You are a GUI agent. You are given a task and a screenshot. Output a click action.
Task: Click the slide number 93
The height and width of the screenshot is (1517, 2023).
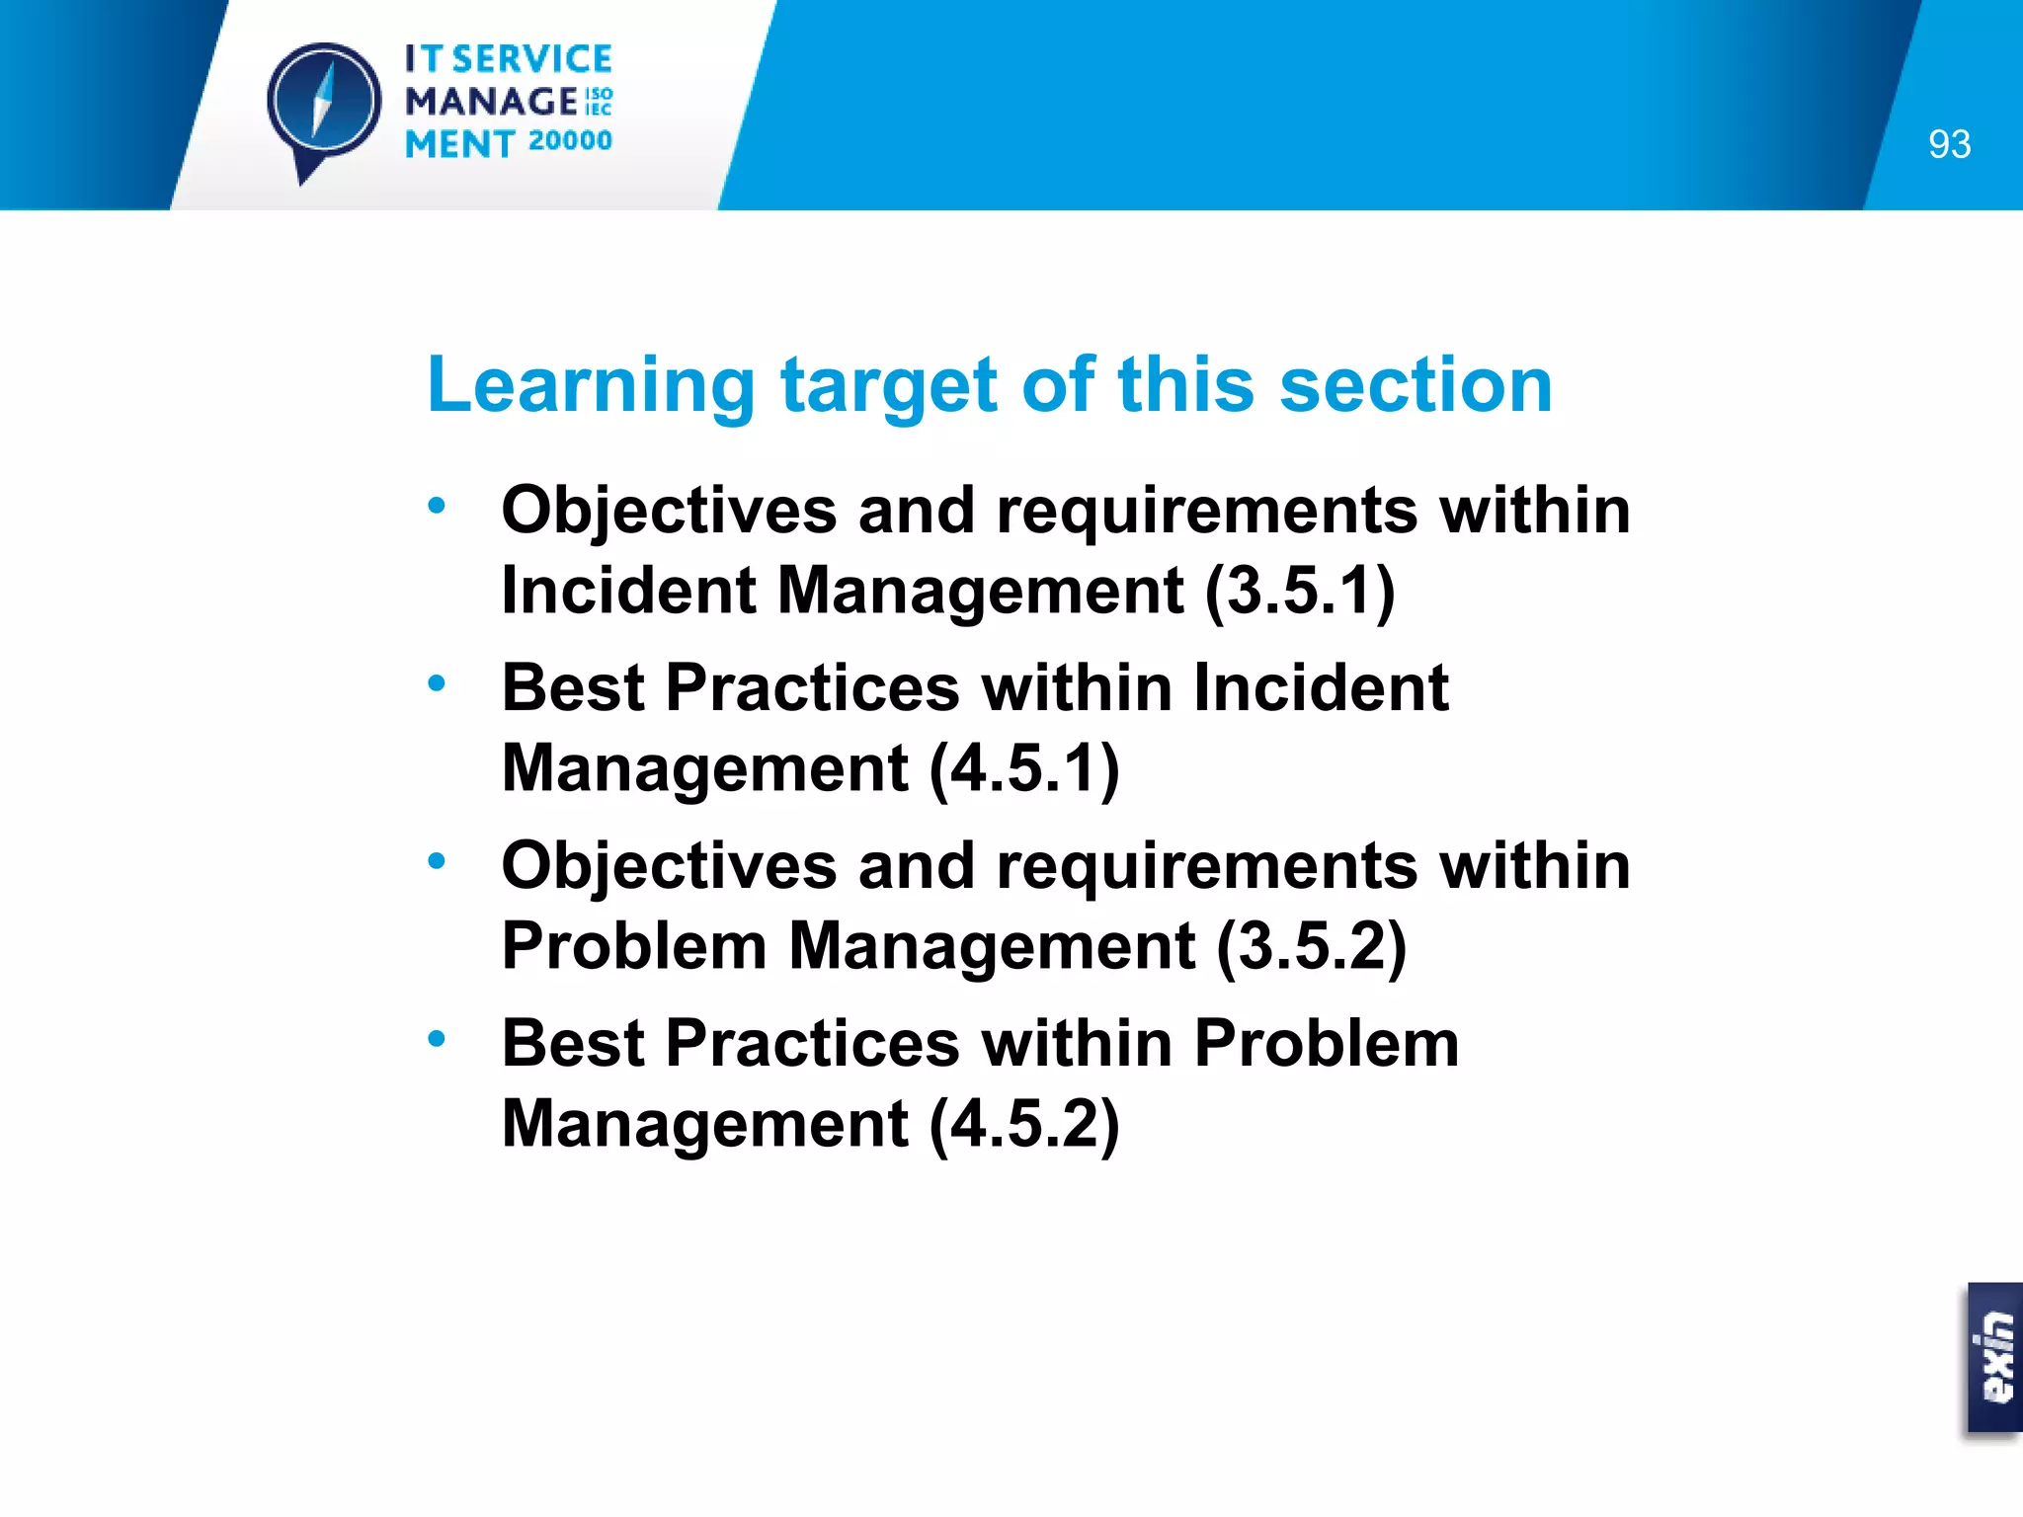pos(1949,144)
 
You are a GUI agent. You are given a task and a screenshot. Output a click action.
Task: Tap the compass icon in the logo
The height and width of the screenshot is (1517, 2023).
pos(323,102)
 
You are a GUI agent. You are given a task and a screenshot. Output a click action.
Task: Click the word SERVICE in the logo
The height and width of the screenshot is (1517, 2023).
pos(531,59)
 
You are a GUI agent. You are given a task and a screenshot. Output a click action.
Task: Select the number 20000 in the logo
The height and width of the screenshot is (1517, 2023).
pos(570,141)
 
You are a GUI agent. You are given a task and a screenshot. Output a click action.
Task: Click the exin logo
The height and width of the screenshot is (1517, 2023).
pos(1995,1357)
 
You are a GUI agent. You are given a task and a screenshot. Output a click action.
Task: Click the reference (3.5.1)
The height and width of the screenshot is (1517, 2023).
pos(1300,591)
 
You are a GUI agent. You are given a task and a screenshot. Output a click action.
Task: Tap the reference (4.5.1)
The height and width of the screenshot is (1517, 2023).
pos(1024,768)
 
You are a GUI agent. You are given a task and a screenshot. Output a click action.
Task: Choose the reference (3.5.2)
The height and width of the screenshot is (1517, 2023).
pos(1311,946)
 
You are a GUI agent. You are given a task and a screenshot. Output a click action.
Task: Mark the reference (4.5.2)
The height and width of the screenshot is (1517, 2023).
pos(1024,1124)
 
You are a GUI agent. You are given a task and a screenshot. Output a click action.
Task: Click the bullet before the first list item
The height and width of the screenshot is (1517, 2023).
pos(437,507)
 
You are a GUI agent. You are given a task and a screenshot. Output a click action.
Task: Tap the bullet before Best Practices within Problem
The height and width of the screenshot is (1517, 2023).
pos(437,1039)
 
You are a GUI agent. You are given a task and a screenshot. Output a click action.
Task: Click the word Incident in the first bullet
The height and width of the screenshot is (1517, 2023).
pos(628,591)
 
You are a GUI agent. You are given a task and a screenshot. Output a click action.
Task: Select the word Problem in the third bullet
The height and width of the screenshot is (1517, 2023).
pos(633,946)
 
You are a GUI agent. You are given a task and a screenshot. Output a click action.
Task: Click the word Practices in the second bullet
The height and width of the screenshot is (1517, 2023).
pos(812,687)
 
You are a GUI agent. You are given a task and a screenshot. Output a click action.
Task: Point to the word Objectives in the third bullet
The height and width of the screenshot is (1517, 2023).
pos(669,865)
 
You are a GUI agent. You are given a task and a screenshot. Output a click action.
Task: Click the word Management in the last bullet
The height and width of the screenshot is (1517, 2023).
pos(704,1124)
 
